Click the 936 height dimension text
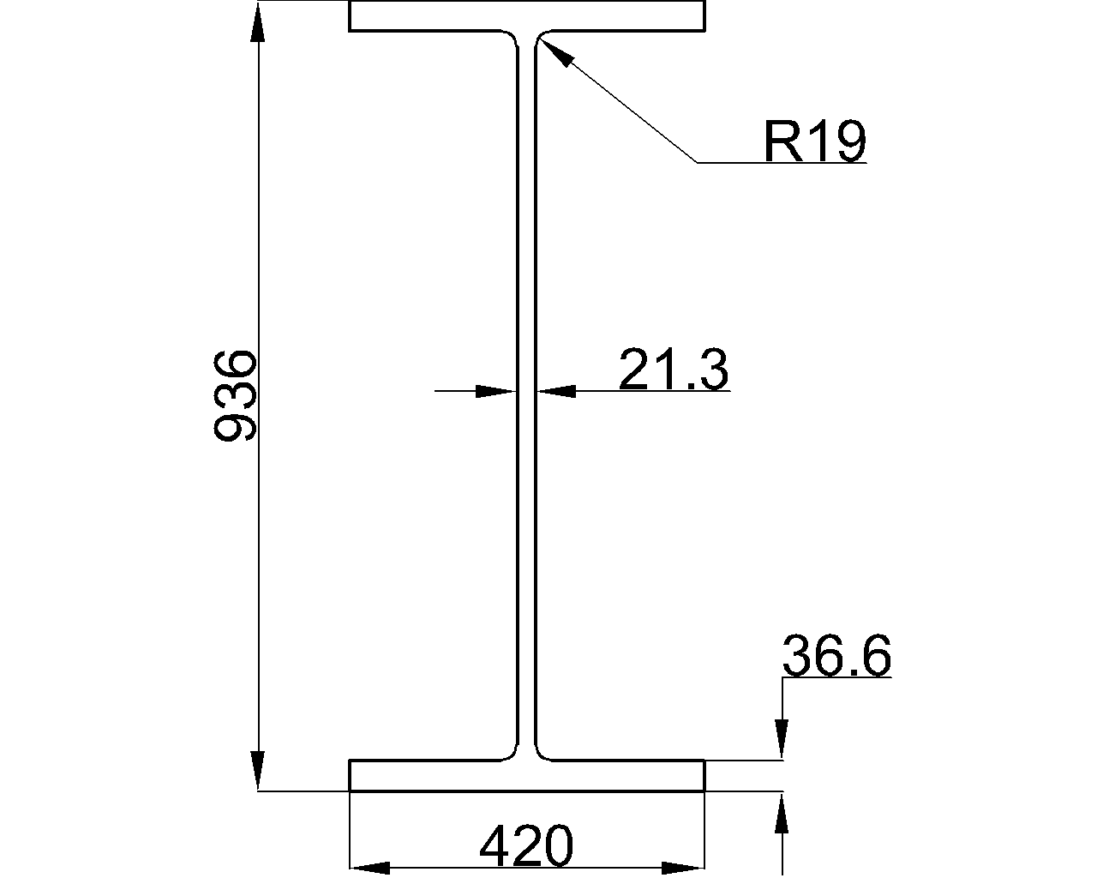(234, 395)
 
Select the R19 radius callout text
(814, 141)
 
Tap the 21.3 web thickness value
(673, 370)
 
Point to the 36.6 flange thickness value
(836, 657)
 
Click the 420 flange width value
(525, 847)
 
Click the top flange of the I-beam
(526, 16)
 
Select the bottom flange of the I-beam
(526, 775)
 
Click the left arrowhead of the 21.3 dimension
(496, 391)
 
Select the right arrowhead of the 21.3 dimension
(556, 391)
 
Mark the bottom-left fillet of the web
(512, 752)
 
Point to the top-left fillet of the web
(512, 39)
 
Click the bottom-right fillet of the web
(543, 752)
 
